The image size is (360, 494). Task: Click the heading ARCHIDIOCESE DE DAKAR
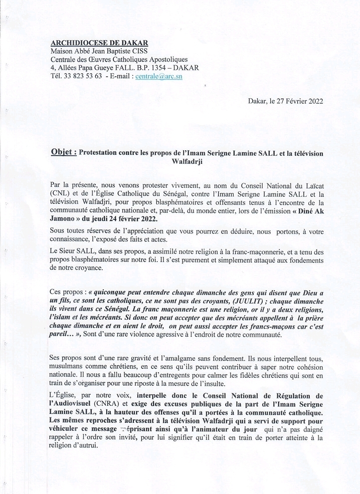pos(95,44)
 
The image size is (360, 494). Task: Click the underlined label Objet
pos(64,152)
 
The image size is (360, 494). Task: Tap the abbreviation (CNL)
pos(61,193)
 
